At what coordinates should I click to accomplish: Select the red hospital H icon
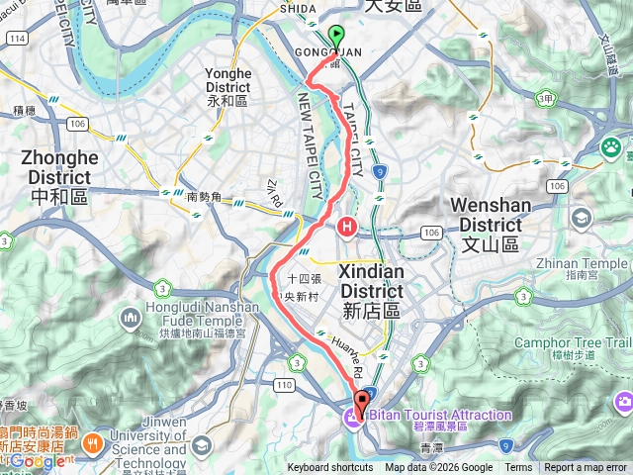point(347,227)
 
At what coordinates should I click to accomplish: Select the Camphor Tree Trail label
point(584,341)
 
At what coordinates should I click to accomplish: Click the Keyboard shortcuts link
point(330,468)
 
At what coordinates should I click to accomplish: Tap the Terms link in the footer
point(518,468)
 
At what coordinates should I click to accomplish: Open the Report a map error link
point(586,468)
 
